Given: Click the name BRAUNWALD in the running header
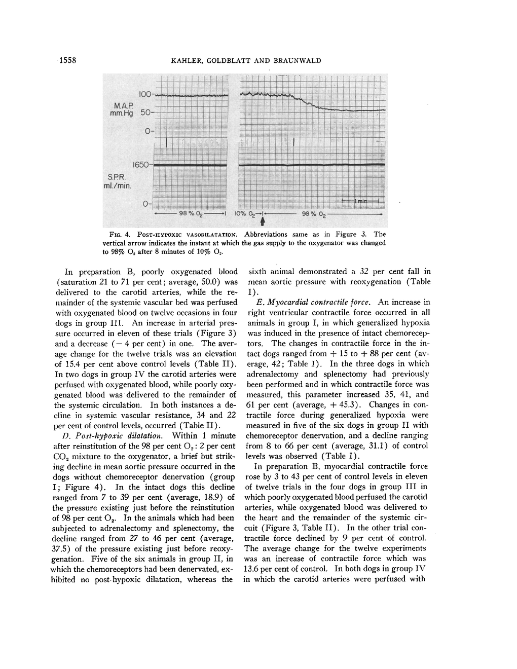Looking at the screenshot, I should [x=297, y=61].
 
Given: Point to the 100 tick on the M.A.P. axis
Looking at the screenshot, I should [x=145, y=95].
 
